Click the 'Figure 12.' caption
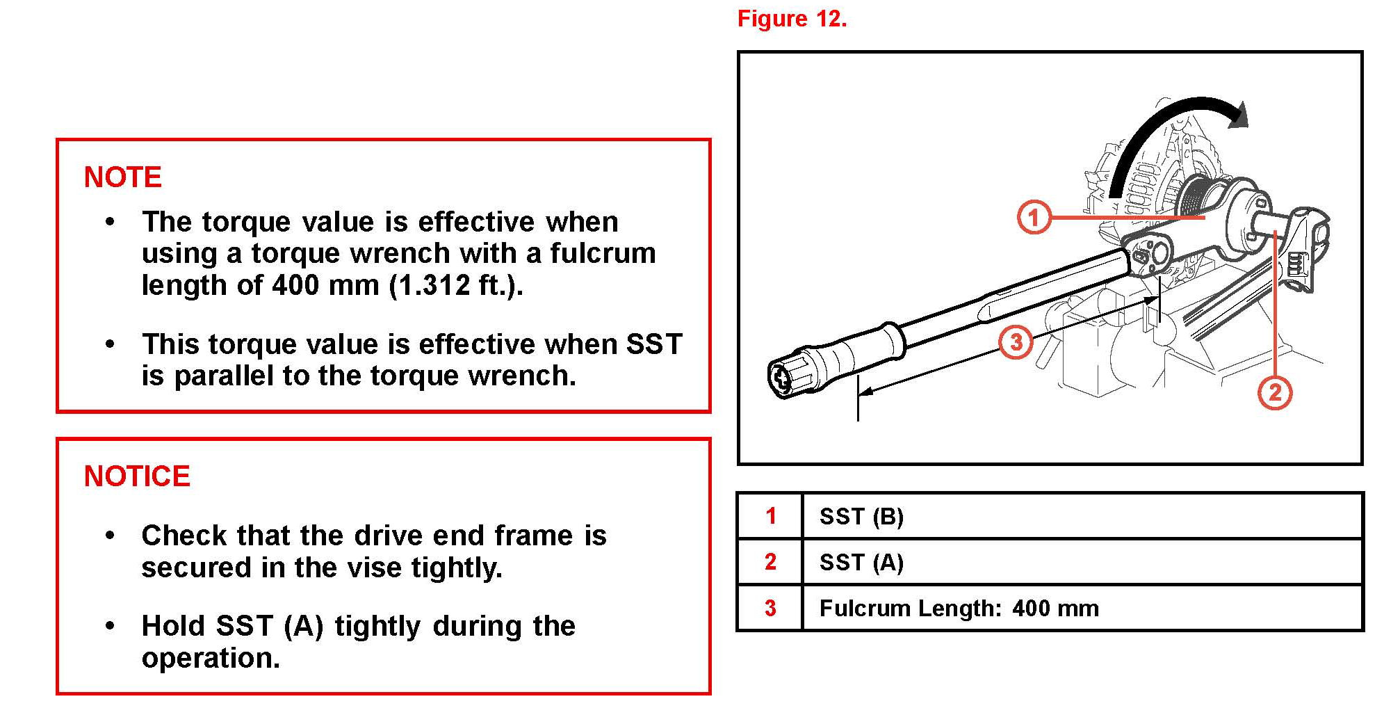[x=792, y=19]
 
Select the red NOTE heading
[x=122, y=177]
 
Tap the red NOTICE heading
[x=137, y=476]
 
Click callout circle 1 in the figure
[x=1034, y=217]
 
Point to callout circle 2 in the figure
[x=1275, y=392]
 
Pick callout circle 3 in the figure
[x=1016, y=342]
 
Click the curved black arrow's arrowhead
[x=1237, y=115]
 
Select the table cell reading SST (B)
[x=861, y=517]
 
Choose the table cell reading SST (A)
[x=861, y=562]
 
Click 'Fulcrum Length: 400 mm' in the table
[x=959, y=609]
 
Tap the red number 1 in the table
[x=770, y=516]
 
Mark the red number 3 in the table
[x=770, y=608]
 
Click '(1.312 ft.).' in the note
[x=456, y=285]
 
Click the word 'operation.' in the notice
[x=211, y=658]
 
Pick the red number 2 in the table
[x=770, y=562]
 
